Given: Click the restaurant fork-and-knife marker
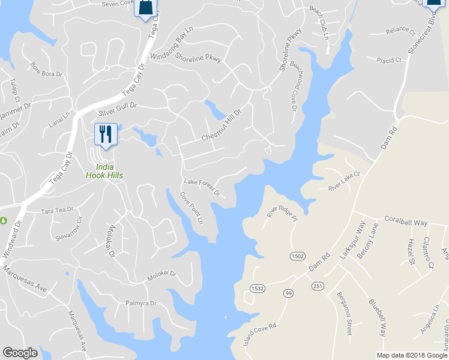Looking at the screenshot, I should pos(106,134).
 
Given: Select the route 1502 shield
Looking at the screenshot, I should pos(297,256).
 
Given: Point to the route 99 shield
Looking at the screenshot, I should pos(289,292).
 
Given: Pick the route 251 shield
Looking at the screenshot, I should pos(318,286).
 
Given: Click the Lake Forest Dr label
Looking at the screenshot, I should pos(202,188).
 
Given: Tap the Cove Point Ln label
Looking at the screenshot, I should pos(192,208).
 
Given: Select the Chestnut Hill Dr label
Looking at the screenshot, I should pos(221,125).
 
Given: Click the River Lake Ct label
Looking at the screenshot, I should pos(344,182).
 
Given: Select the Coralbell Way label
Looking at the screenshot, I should pos(406,221).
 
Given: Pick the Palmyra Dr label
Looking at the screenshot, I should pos(140,303).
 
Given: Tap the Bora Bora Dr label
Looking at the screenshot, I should pos(47,69).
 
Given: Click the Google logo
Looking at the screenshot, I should pos(20,353).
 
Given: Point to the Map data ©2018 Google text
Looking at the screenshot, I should pos(412,355).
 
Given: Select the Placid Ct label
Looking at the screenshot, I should pos(389,61).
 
